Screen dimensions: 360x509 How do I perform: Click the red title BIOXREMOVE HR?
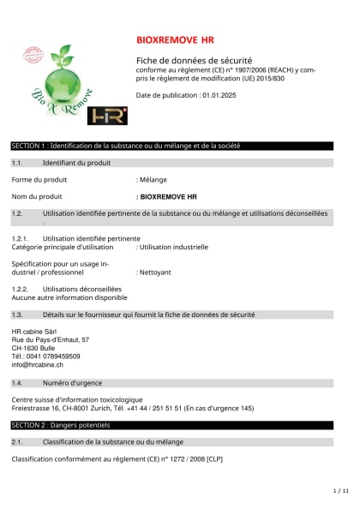point(176,40)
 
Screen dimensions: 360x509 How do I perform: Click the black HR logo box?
point(108,115)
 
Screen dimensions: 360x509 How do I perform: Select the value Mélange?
point(153,180)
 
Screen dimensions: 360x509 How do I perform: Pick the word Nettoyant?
point(155,271)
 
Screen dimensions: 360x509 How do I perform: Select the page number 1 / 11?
point(339,491)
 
